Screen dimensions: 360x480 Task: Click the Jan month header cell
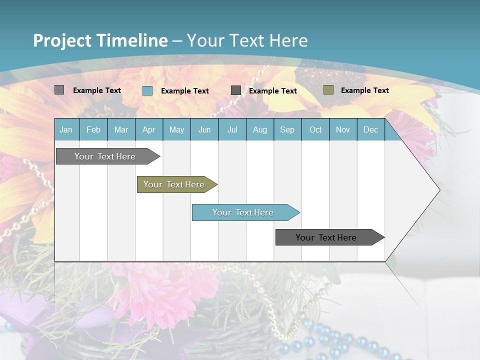(66, 129)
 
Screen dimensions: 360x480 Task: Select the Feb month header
(93, 129)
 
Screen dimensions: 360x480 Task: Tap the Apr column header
(148, 129)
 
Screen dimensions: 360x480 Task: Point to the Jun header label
(204, 129)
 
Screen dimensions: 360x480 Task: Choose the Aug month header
(259, 129)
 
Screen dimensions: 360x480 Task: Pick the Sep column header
(287, 129)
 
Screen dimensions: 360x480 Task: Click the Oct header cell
(315, 129)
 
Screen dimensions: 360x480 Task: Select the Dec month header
(370, 129)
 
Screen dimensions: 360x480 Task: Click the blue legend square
(147, 90)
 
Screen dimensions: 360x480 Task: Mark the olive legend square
(328, 90)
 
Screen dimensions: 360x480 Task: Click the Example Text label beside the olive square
(364, 90)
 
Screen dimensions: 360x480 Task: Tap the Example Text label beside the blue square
(184, 91)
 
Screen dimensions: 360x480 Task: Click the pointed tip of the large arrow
(439, 190)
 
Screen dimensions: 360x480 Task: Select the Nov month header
(343, 129)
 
